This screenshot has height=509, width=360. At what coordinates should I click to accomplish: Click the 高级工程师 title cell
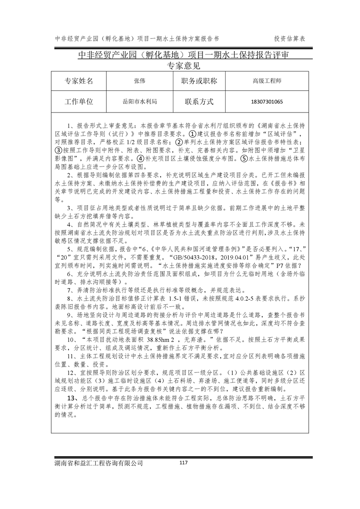tap(266, 81)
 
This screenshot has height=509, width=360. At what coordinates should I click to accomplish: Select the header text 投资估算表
tap(290, 39)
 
